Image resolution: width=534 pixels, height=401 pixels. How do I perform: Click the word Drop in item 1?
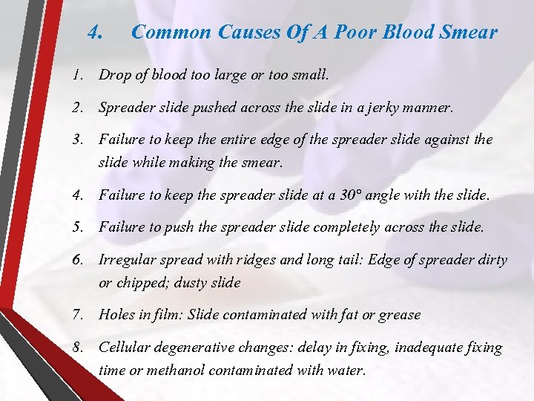click(x=113, y=75)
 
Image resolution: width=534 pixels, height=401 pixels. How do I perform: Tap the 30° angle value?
click(x=351, y=196)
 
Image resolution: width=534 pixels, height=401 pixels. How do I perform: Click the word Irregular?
click(x=128, y=260)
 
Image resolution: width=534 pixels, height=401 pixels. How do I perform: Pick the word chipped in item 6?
click(x=141, y=282)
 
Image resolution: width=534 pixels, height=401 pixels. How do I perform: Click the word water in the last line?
click(x=346, y=370)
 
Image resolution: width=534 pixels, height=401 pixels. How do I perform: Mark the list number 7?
click(x=77, y=315)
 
